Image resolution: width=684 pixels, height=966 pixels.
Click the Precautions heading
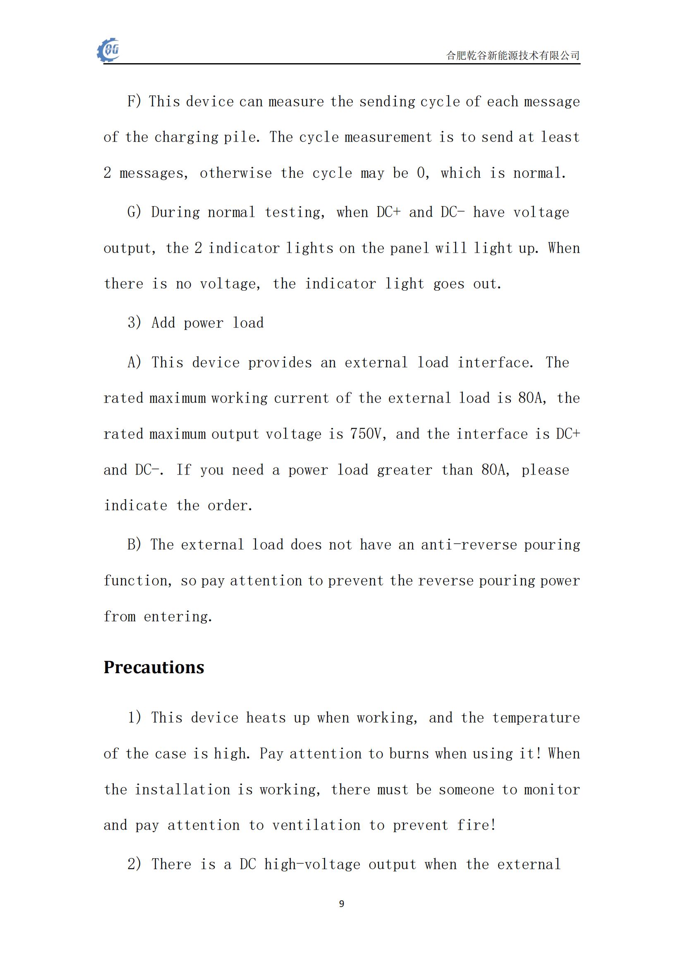point(154,667)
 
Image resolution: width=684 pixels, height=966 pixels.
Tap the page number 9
point(342,904)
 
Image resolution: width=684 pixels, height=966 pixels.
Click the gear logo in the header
point(109,50)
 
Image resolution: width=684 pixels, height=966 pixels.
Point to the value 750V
point(368,434)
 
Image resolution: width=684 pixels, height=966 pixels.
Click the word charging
point(186,137)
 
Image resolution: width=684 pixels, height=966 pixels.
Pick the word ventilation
point(316,825)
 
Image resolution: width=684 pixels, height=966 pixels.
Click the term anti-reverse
point(469,545)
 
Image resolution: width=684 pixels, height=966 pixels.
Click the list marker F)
point(134,102)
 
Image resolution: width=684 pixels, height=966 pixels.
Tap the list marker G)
point(134,212)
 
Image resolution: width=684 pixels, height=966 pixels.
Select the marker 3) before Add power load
point(134,323)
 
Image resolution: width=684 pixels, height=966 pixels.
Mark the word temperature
point(536,718)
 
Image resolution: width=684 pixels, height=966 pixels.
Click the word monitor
point(552,790)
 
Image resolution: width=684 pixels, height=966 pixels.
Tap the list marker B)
point(134,545)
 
